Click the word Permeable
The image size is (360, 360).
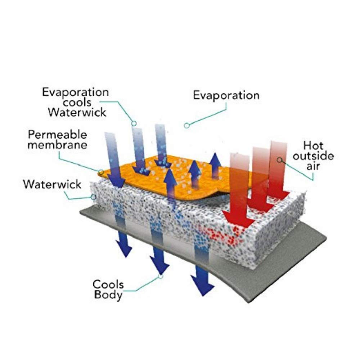(x=57, y=135)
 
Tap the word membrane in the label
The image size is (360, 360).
(x=57, y=145)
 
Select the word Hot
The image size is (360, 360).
(x=314, y=145)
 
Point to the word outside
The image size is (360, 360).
(x=314, y=156)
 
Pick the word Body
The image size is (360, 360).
(x=108, y=295)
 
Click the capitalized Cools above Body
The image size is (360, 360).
(x=108, y=284)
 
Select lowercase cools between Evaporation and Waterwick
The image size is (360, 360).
(x=77, y=103)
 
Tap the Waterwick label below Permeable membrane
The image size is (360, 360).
(x=52, y=184)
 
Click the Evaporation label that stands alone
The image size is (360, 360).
(x=226, y=95)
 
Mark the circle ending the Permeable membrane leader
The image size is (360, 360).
(x=101, y=172)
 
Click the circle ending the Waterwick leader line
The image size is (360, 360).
(x=93, y=197)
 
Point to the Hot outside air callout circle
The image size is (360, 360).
(x=279, y=160)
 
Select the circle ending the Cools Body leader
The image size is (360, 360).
(x=161, y=276)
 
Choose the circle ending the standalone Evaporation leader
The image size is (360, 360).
(x=187, y=125)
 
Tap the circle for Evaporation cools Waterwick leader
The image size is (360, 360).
(x=134, y=123)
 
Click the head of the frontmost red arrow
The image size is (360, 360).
(x=239, y=219)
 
